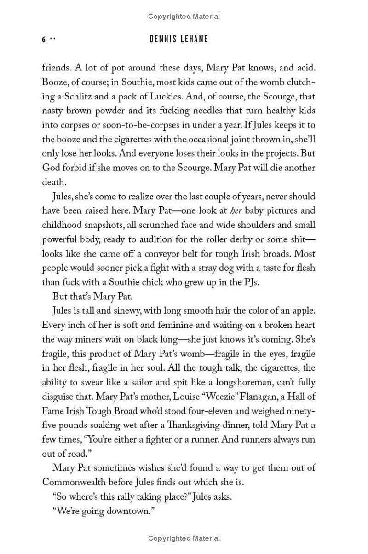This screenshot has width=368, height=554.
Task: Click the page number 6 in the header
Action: (x=44, y=40)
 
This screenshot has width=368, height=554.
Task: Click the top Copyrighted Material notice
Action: (x=184, y=17)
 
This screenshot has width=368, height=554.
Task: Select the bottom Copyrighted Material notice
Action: (x=184, y=538)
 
